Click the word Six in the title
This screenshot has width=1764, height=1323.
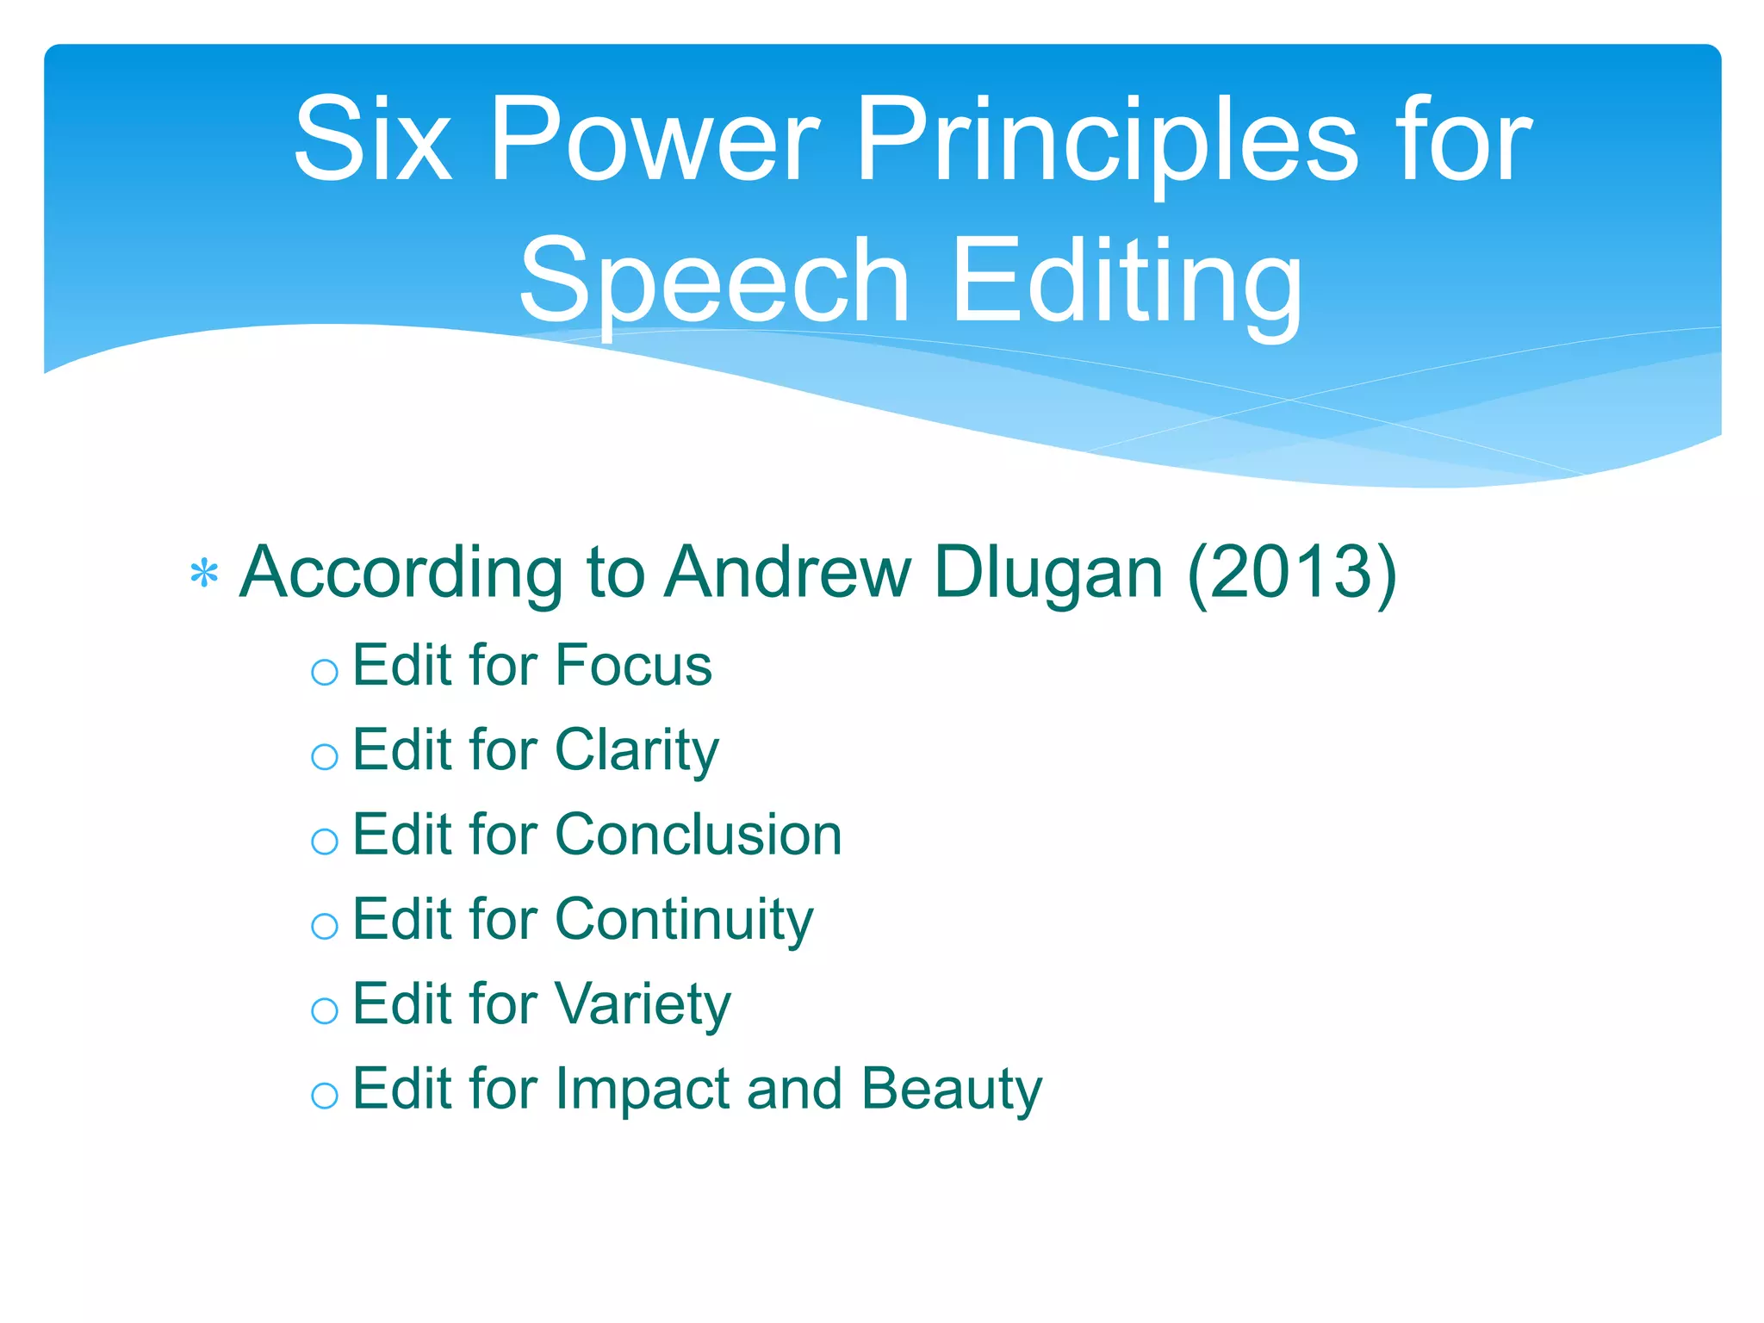click(x=372, y=140)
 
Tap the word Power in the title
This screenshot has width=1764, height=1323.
click(x=654, y=140)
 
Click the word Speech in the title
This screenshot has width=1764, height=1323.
click(x=714, y=283)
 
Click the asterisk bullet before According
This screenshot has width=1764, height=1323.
click(x=204, y=575)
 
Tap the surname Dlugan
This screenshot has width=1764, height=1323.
click(x=1048, y=575)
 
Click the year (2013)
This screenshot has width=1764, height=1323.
click(x=1291, y=574)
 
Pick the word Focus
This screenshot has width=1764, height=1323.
click(x=633, y=665)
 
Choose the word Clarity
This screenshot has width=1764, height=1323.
click(x=637, y=751)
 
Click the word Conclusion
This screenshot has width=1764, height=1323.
click(x=699, y=835)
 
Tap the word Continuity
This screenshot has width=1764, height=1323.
click(x=684, y=920)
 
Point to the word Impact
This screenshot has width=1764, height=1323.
click(x=643, y=1090)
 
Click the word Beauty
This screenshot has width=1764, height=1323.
click(x=951, y=1090)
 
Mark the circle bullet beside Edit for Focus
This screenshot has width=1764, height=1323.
click(x=325, y=672)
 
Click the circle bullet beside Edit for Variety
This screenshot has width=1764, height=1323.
click(x=325, y=1010)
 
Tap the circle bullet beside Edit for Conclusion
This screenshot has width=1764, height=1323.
click(x=325, y=842)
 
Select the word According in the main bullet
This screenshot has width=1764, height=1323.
click(x=401, y=575)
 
